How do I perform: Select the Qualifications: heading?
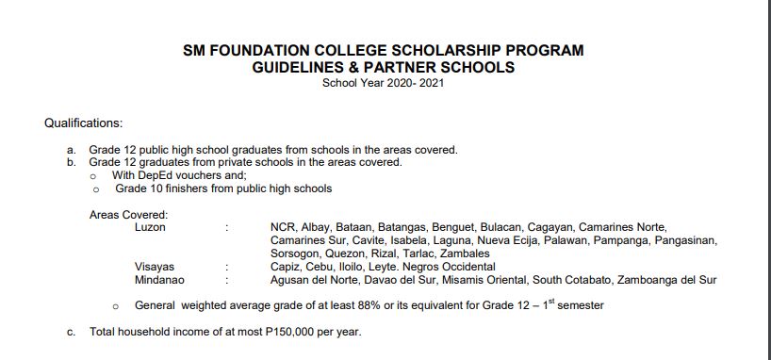point(84,123)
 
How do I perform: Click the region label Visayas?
point(155,267)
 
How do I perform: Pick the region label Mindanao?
point(159,280)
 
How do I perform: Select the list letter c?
point(71,333)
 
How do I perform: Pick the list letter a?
point(71,150)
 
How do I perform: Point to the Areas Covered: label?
point(128,215)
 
